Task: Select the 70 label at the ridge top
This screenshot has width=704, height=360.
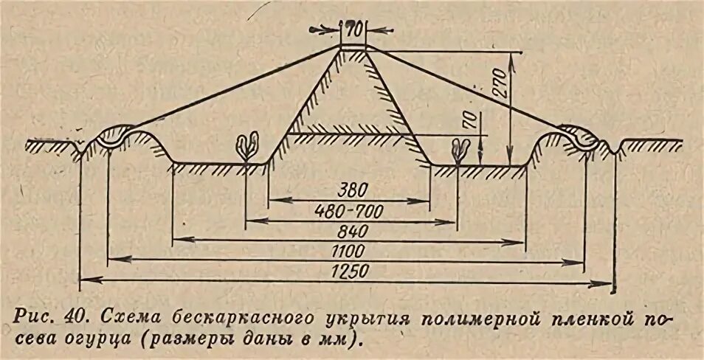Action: pos(353,30)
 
